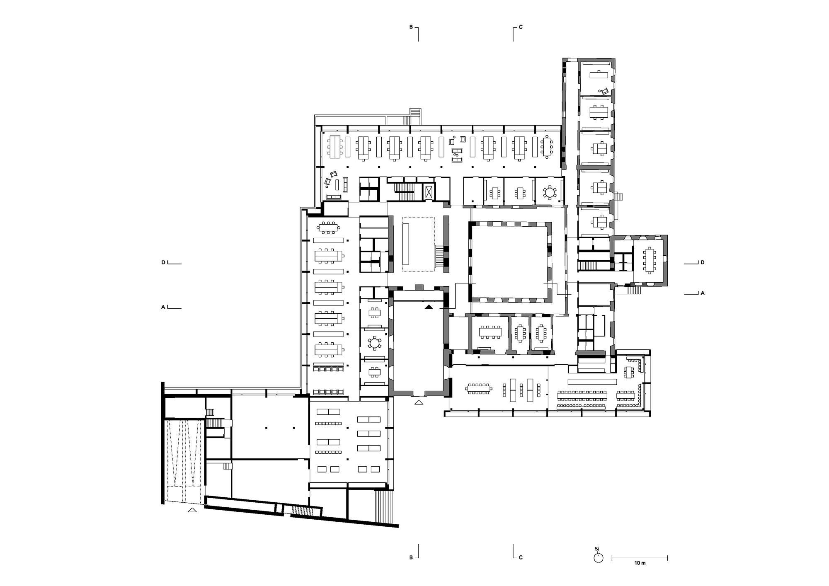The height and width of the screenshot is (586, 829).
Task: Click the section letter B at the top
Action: pyautogui.click(x=411, y=27)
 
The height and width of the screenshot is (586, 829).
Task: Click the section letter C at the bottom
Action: pyautogui.click(x=521, y=557)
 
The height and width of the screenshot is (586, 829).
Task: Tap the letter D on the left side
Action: pyautogui.click(x=164, y=263)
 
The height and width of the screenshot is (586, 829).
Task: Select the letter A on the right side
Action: pyautogui.click(x=702, y=293)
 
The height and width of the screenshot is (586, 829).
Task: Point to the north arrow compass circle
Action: pyautogui.click(x=598, y=558)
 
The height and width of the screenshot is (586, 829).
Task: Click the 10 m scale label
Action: pyautogui.click(x=640, y=563)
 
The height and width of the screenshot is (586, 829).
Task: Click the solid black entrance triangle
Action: pyautogui.click(x=429, y=307)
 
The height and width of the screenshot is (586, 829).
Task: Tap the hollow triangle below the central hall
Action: pyautogui.click(x=419, y=402)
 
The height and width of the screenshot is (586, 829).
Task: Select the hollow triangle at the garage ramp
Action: pyautogui.click(x=192, y=510)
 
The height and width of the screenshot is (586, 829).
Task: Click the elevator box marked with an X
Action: pyautogui.click(x=429, y=193)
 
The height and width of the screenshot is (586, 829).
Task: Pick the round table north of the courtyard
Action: pyautogui.click(x=550, y=192)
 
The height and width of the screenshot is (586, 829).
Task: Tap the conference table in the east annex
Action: pyautogui.click(x=649, y=260)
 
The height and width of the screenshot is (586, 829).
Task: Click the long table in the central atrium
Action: pyautogui.click(x=406, y=244)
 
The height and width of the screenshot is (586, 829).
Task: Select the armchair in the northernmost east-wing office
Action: pyautogui.click(x=604, y=91)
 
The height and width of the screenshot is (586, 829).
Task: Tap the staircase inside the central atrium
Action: pyautogui.click(x=439, y=256)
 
